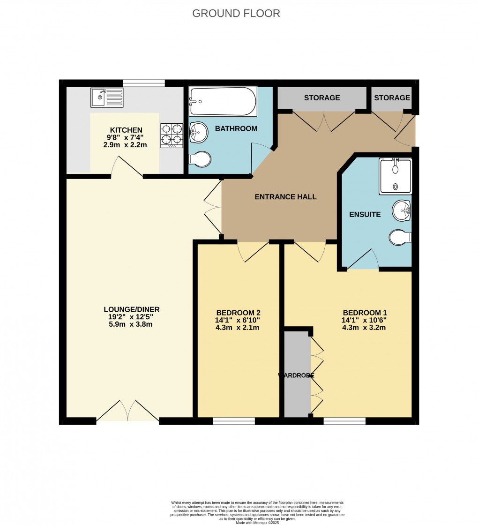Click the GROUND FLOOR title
pyautogui.click(x=236, y=13)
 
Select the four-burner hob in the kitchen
pyautogui.click(x=172, y=135)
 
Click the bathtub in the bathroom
pyautogui.click(x=223, y=101)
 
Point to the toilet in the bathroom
pyautogui.click(x=201, y=159)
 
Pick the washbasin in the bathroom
pyautogui.click(x=199, y=132)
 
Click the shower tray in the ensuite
pyautogui.click(x=396, y=176)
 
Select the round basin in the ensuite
pyautogui.click(x=401, y=211)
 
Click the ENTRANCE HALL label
pyautogui.click(x=285, y=197)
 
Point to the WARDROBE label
pyautogui.click(x=296, y=375)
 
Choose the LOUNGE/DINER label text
pyautogui.click(x=132, y=309)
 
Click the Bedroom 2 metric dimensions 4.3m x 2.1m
pyautogui.click(x=238, y=328)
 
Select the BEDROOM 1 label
pyautogui.click(x=365, y=313)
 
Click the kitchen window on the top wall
pyautogui.click(x=144, y=83)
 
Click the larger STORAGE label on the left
pyautogui.click(x=321, y=97)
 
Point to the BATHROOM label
pyautogui.click(x=236, y=128)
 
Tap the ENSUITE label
pyautogui.click(x=365, y=215)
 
